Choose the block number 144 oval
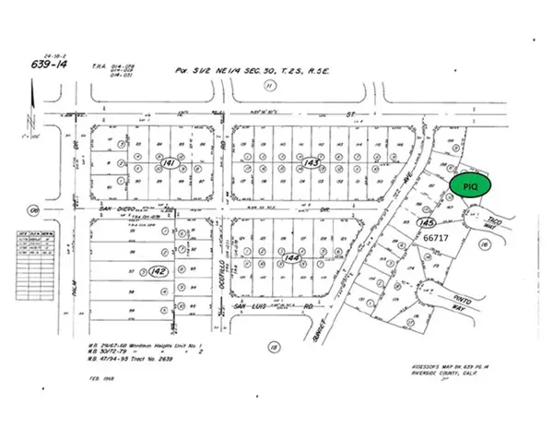(x=293, y=259)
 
